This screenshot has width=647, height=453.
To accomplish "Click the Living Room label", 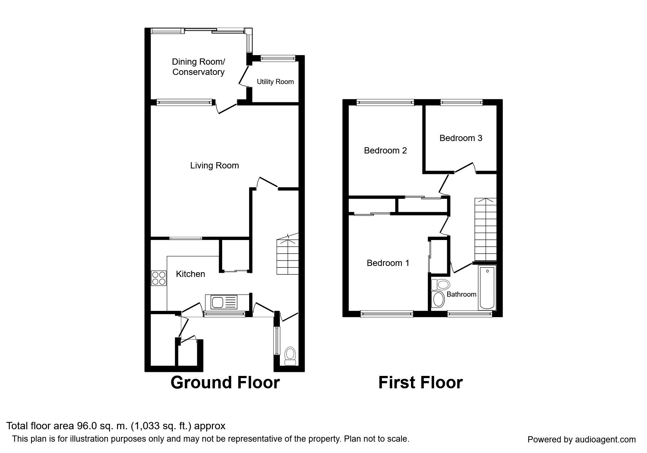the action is [214, 165].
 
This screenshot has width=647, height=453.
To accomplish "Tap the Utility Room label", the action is [275, 82].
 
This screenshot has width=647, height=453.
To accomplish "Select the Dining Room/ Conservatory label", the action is [198, 67].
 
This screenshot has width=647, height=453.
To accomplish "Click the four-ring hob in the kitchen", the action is [159, 278].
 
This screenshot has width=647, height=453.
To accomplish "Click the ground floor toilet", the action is [290, 356].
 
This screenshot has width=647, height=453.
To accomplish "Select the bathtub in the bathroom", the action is [487, 288].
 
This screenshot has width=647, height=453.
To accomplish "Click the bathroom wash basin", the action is [438, 300].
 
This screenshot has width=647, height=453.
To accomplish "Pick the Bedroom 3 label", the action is [461, 138].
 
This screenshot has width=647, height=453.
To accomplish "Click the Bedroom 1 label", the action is [388, 263].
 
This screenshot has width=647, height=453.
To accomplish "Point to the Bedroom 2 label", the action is [385, 151].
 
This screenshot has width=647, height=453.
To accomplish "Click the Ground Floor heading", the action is [225, 382].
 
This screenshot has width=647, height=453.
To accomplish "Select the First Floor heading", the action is [420, 382].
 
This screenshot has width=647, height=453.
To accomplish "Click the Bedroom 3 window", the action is [461, 103].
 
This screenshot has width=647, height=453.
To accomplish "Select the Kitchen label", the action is [190, 274].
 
